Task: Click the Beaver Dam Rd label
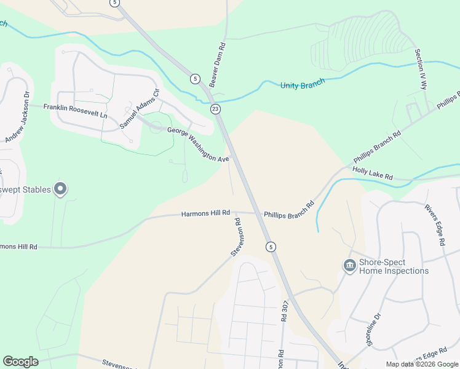coord(217,65)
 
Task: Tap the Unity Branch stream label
coord(303,85)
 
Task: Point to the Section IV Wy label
coord(421,69)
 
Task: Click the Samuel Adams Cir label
coord(140,109)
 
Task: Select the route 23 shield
coord(215,109)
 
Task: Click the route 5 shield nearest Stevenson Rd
coord(271,247)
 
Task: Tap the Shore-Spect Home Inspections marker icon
coord(349,265)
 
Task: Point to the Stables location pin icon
coord(60,189)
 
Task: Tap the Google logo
coord(21,362)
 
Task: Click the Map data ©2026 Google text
coord(421,364)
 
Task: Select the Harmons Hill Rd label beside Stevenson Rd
coord(205,213)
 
